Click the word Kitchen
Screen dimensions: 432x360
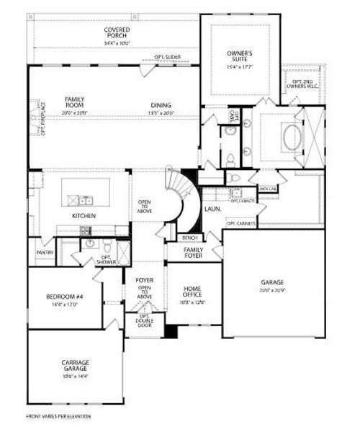pyautogui.click(x=84, y=215)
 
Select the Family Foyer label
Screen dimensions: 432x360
pyautogui.click(x=192, y=253)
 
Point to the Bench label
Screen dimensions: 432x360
pyautogui.click(x=191, y=237)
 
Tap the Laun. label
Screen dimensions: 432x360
pyautogui.click(x=212, y=209)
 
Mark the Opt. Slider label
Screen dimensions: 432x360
pyautogui.click(x=167, y=56)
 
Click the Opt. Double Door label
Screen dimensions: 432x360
pyautogui.click(x=144, y=323)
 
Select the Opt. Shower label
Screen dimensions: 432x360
pyautogui.click(x=108, y=260)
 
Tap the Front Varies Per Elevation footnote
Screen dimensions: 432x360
pyautogui.click(x=58, y=415)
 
